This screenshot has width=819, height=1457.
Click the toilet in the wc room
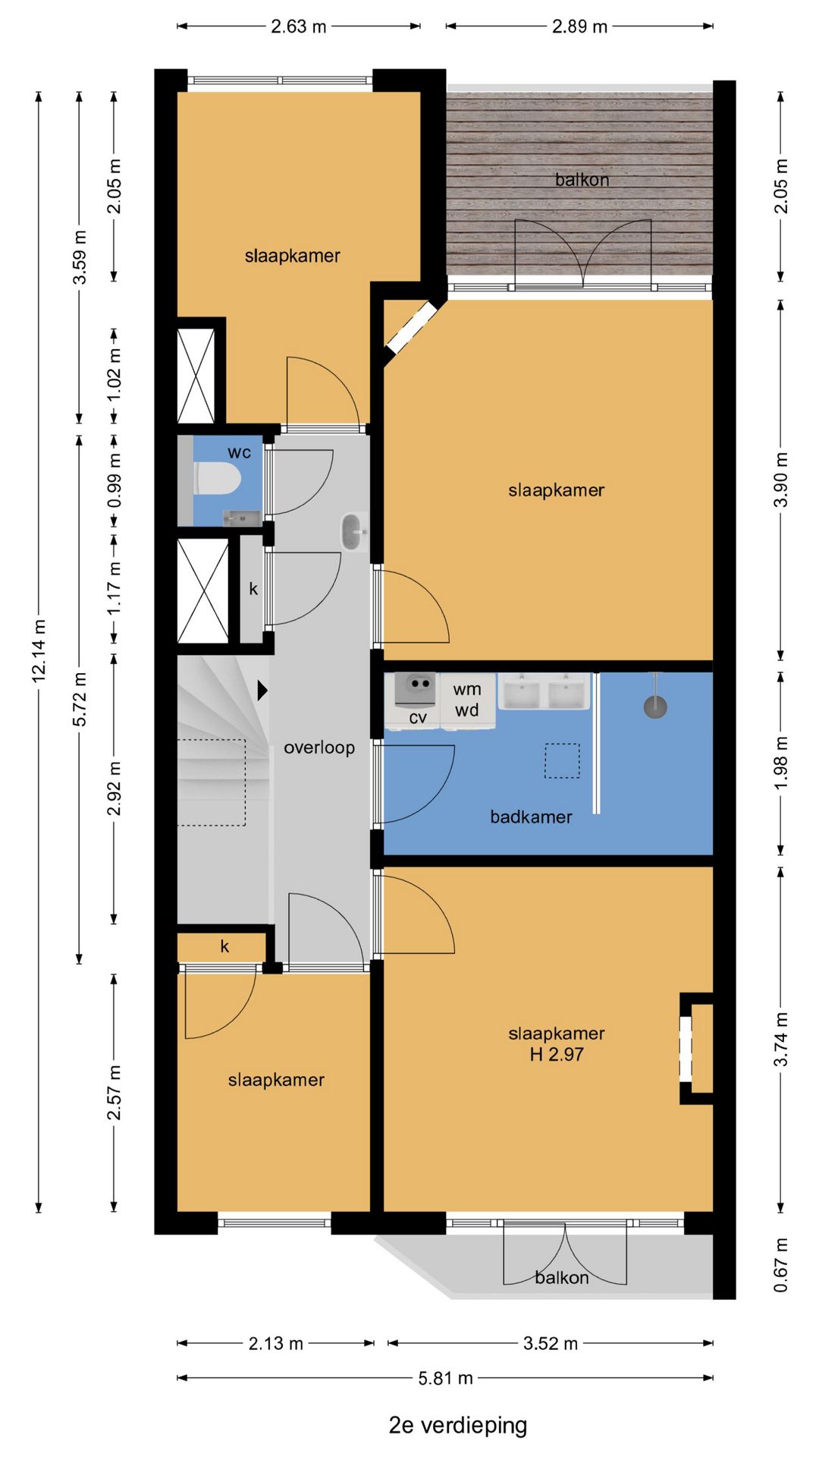(218, 479)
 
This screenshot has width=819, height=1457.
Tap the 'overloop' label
(319, 747)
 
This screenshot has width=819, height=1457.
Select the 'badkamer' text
(531, 817)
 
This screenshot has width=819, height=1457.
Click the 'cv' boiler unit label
(417, 717)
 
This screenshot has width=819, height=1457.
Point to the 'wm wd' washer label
(467, 700)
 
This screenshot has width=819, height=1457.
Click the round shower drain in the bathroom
(655, 707)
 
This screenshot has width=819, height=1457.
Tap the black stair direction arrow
(262, 690)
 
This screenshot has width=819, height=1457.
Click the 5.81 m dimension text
(445, 1377)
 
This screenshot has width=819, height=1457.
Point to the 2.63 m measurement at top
(299, 27)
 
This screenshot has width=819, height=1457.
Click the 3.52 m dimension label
(551, 1343)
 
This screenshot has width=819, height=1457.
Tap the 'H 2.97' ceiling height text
(557, 1054)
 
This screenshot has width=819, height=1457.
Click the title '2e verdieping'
(457, 1424)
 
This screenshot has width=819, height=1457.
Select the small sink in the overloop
(352, 531)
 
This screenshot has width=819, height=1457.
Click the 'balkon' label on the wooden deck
(582, 180)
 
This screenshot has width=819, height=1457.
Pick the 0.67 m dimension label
(781, 1264)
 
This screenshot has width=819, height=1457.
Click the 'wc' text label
(239, 452)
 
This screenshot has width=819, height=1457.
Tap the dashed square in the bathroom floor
(562, 760)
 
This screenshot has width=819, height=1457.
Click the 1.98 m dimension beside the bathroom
(781, 762)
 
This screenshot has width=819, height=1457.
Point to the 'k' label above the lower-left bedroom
(224, 946)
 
